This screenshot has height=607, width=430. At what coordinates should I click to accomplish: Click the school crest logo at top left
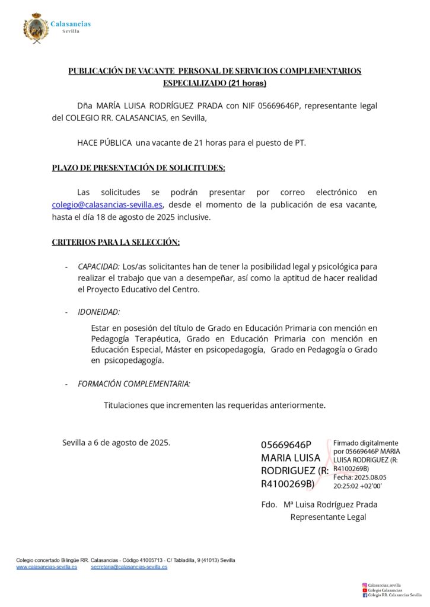point(36,28)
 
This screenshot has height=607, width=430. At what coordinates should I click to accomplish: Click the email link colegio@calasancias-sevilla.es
point(107,205)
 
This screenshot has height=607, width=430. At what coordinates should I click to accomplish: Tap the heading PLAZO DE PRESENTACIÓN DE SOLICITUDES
point(138,168)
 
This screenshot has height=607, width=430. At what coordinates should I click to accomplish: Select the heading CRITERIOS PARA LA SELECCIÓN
point(116,242)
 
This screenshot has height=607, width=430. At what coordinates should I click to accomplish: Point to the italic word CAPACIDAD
point(98,267)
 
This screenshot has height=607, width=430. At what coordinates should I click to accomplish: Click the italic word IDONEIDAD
point(98,312)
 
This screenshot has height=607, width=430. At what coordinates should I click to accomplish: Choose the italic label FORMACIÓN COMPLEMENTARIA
point(134,384)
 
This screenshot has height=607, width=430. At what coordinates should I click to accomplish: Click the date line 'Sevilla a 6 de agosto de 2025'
point(116,442)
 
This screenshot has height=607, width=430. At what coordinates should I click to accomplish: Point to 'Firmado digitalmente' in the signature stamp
point(365,443)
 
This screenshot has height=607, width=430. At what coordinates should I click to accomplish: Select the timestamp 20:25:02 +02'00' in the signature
point(357,485)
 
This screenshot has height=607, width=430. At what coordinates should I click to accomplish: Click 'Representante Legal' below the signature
point(328,517)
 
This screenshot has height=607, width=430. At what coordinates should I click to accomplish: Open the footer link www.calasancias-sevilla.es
point(46,567)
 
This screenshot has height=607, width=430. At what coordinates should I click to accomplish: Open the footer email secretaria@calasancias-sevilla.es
point(129,567)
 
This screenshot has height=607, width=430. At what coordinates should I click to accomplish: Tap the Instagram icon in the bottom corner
point(364,585)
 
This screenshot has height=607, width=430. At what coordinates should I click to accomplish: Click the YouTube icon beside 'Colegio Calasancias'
point(364,590)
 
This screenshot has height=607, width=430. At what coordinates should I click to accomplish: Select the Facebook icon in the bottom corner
point(364,596)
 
